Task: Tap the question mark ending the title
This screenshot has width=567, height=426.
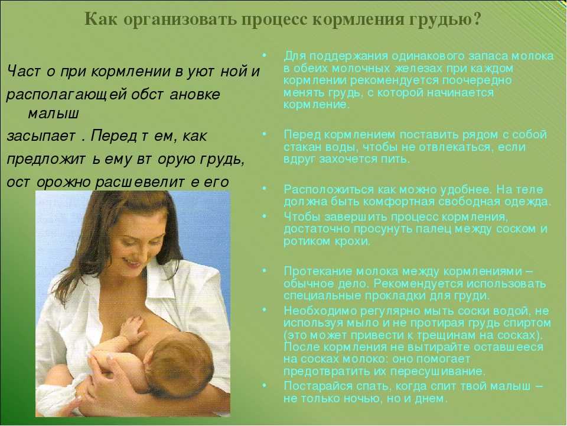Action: click(477, 18)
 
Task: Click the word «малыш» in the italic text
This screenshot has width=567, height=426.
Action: click(53, 114)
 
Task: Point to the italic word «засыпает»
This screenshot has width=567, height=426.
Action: click(41, 136)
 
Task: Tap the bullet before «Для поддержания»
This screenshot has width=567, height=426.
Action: click(265, 56)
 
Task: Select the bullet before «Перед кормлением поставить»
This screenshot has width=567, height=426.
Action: click(265, 134)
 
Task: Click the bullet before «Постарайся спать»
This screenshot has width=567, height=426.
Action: click(265, 385)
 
